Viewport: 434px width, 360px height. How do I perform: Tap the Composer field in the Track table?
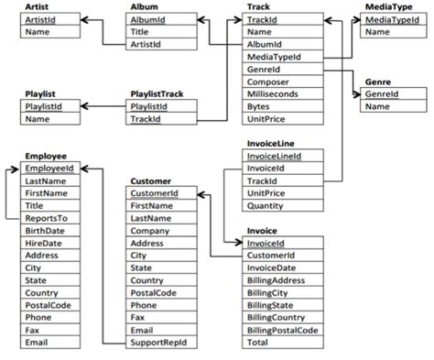coord(267,82)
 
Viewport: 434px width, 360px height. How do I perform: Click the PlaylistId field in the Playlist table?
coord(45,106)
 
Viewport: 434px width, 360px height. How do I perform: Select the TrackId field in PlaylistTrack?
coord(146,119)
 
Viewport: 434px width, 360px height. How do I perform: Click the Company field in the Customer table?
coord(150,232)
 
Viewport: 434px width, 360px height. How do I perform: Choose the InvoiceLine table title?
coord(270,144)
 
